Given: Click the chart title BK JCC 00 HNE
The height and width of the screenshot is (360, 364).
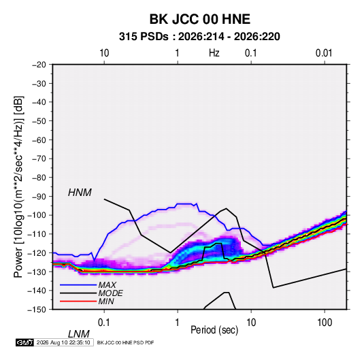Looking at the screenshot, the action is pos(199,19).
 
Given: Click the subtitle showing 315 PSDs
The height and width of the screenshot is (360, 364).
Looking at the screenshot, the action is pos(199,37).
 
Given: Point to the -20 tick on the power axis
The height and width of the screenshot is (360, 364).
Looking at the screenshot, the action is pos(39,65).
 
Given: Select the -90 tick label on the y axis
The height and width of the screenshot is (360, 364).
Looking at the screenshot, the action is pos(39,196).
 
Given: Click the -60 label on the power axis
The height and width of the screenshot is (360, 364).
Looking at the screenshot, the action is pos(39,140).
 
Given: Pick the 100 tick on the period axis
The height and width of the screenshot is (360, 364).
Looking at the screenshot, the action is pos(325,323).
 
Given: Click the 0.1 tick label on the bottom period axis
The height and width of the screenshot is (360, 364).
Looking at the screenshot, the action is pos(103,323).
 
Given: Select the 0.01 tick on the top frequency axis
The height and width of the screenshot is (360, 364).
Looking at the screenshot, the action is pos(324,53).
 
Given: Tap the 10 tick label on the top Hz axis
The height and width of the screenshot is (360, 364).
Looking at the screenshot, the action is pos(104,53).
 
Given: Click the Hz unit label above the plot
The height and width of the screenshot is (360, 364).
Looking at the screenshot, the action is pos(214,53).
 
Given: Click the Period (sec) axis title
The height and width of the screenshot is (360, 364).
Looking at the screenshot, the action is pos(214,330).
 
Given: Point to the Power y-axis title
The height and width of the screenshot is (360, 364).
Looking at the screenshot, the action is pos(18,186).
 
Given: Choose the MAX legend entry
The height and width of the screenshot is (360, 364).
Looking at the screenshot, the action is pos(107,284).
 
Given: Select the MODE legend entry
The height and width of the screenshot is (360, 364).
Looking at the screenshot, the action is pos(110,293).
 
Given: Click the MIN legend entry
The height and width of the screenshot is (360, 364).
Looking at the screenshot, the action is pos(106,301).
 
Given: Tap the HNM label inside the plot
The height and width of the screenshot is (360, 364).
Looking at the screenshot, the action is pos(80,193).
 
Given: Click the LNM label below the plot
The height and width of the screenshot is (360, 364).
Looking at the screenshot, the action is pos(78,334).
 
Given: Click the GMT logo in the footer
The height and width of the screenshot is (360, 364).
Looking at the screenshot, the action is pos(25,342).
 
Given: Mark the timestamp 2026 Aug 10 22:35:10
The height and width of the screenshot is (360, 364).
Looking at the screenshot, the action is pos(63,342).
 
